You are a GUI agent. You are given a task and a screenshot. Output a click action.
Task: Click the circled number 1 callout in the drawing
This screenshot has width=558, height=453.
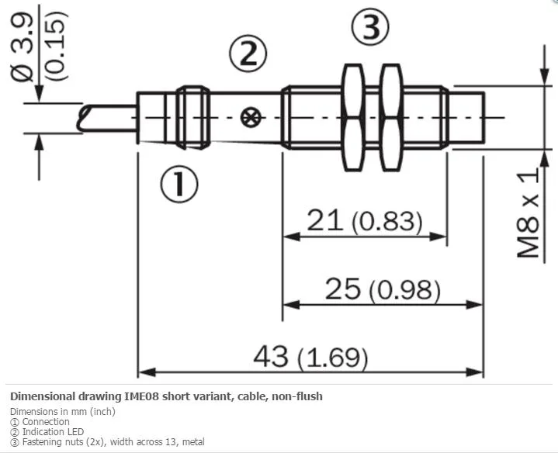[179, 185]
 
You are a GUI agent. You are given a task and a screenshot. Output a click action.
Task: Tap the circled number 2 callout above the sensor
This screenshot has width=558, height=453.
[248, 54]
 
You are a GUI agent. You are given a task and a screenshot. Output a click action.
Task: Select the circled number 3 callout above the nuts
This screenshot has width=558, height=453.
[370, 26]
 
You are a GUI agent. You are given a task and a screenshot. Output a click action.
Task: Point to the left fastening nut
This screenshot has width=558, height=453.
[352, 118]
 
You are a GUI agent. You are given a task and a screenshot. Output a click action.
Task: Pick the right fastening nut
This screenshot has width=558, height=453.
[390, 118]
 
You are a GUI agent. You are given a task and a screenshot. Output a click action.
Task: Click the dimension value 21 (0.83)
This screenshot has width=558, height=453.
[365, 221]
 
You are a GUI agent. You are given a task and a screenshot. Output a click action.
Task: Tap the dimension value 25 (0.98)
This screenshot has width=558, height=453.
[383, 289]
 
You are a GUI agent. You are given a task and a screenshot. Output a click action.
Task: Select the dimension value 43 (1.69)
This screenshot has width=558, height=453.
[310, 357]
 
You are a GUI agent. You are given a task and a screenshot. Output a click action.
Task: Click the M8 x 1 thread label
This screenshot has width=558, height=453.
[529, 213]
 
